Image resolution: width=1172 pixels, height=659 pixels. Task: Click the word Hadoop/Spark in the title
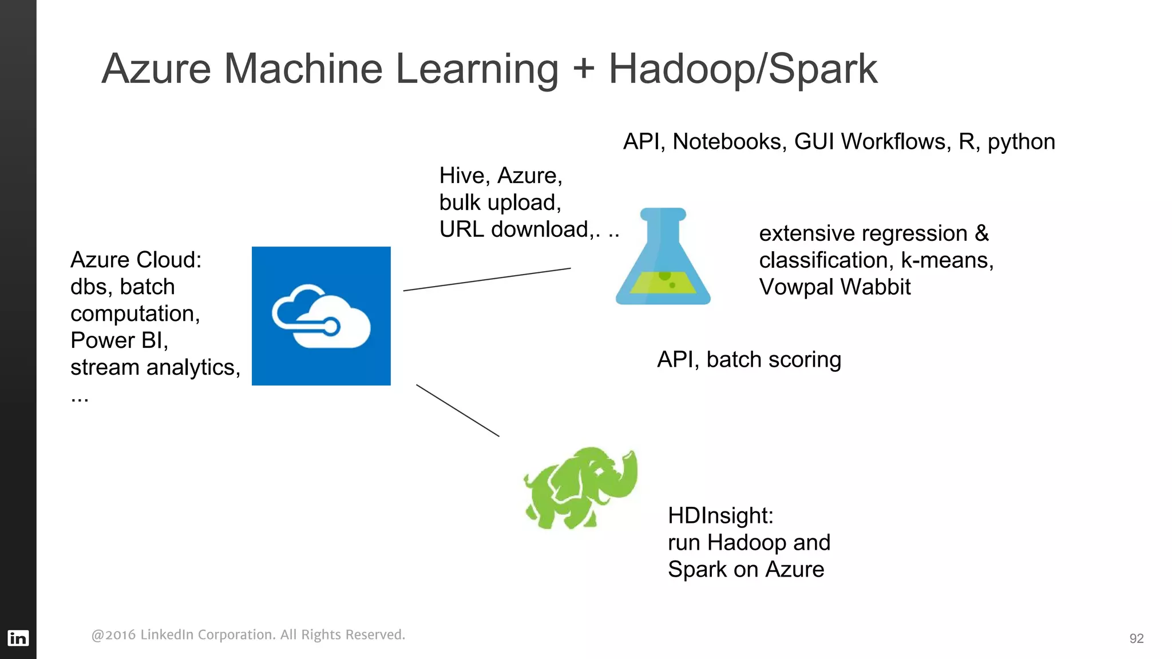742,69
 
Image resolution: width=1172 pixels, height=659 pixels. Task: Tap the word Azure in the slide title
157,69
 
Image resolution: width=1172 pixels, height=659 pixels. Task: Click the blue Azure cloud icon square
321,316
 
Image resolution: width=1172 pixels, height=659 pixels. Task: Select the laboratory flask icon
663,257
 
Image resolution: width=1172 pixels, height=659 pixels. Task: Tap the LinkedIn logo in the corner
18,638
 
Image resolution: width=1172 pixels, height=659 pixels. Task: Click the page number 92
1136,638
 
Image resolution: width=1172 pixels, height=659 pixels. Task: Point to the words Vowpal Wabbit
834,287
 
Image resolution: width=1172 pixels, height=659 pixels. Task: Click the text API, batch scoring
749,360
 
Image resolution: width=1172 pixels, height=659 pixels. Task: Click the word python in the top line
1021,142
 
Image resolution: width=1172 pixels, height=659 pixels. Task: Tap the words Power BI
118,340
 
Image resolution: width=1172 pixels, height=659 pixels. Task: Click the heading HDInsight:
720,515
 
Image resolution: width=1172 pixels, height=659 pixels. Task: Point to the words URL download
514,229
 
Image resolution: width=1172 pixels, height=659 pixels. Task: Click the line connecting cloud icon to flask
486,280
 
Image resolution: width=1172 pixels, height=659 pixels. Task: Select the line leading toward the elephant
458,410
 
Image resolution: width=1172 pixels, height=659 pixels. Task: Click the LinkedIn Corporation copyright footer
248,635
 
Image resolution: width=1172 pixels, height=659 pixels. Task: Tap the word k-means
947,260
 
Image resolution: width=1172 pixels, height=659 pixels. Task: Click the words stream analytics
155,367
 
